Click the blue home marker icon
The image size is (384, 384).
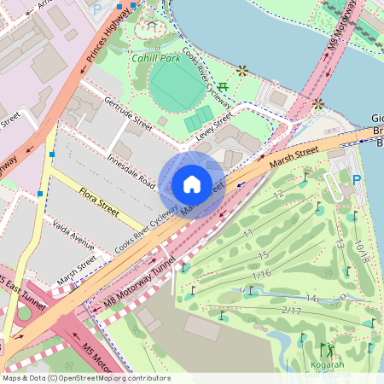coord(192,183)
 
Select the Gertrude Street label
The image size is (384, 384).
coord(128,114)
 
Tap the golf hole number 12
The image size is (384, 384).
coord(277,195)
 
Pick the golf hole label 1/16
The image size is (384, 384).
coord(261,274)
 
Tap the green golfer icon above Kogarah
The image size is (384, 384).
coord(327,350)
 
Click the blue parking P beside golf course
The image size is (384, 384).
coord(357,179)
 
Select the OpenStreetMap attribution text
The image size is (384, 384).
coord(85,378)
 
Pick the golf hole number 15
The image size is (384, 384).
coord(264,255)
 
